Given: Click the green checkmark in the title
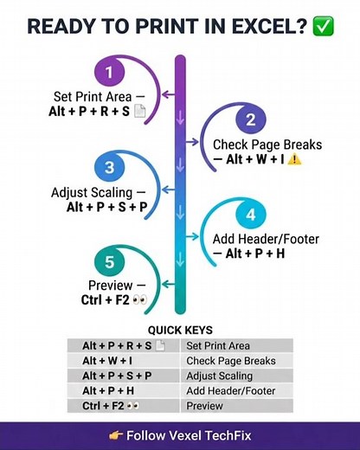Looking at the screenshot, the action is point(324,26).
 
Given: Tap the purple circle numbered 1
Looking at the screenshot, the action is point(109,72).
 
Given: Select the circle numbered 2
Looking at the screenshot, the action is point(251,119).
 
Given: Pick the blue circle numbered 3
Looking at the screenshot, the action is point(109,167).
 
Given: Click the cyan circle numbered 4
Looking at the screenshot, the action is point(251,215).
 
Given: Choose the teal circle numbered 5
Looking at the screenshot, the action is point(109,262).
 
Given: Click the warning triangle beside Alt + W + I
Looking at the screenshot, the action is point(294,159).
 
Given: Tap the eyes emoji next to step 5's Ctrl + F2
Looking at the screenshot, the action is point(140,299).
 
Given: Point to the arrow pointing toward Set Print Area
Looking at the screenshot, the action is point(169,94).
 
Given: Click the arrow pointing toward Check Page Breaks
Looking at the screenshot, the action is point(192,142).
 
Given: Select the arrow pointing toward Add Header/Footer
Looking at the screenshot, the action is point(192,236).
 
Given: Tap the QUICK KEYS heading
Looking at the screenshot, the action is point(180,330).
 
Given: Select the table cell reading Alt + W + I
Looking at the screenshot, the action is point(124,361).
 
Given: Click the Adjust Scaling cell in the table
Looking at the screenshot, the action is point(237,376).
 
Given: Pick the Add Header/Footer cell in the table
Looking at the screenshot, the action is point(237,390).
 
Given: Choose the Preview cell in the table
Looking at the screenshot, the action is point(237,406).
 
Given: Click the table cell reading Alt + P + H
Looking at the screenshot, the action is point(124,390).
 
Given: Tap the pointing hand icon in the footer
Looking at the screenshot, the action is point(116,435).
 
